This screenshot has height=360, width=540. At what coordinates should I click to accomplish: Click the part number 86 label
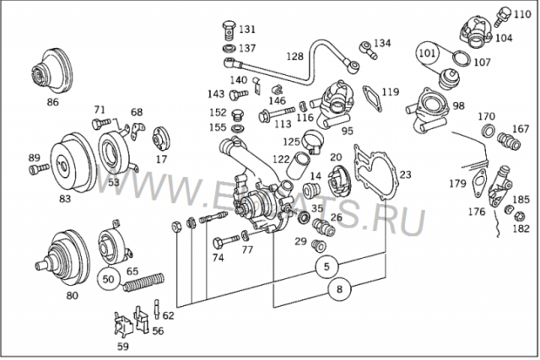point(52,102)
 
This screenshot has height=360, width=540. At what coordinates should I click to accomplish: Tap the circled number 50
point(108,277)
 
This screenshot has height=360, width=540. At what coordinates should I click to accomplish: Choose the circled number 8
point(338,289)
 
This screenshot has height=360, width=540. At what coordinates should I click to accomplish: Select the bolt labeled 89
point(37,169)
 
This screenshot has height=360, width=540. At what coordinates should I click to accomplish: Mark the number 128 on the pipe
point(294,56)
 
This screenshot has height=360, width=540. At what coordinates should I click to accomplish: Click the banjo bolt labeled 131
point(229,33)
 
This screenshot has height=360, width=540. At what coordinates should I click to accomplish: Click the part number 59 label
point(123,346)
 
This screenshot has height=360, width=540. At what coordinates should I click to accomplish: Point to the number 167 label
point(521,129)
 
